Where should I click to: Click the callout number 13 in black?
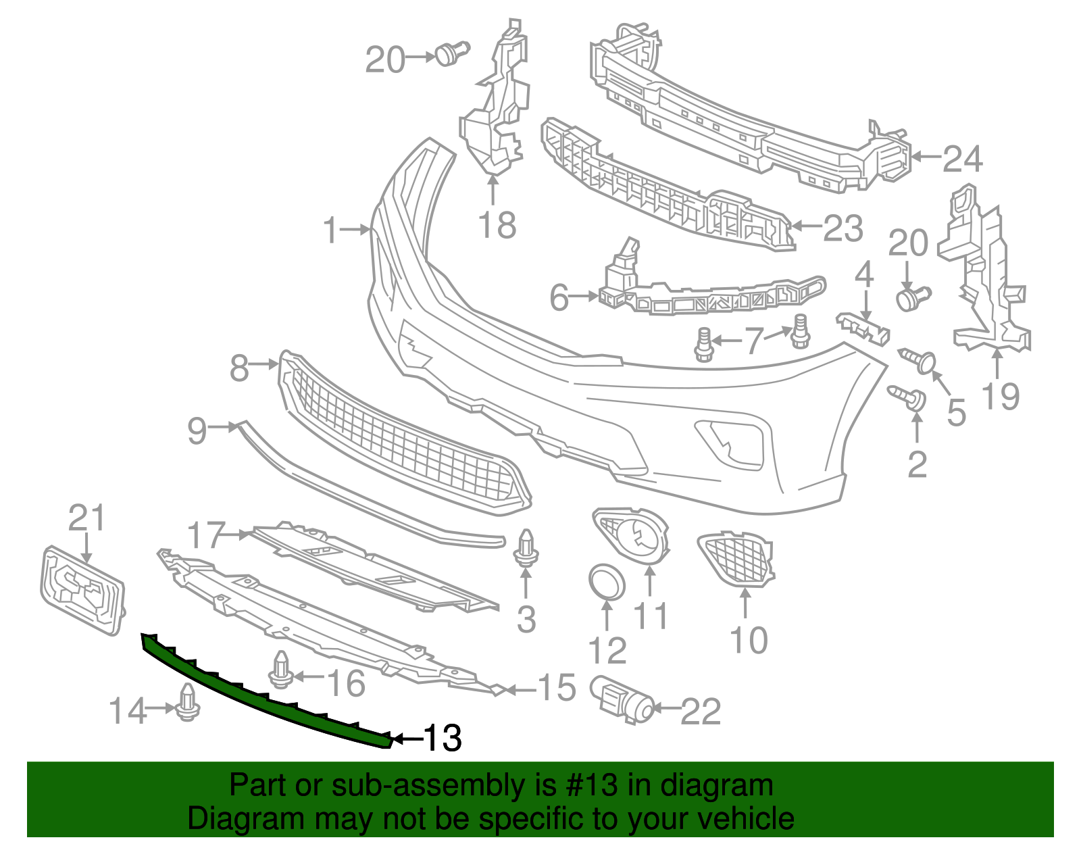pos(443,739)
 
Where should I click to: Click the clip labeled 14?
pos(188,703)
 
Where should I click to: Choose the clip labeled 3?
pos(526,549)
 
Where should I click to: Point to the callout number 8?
pos(239,368)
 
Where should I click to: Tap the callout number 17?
pos(205,535)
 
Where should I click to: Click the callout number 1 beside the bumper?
pos(330,231)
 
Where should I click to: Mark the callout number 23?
pos(843,228)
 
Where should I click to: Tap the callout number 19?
pos(1000,396)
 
